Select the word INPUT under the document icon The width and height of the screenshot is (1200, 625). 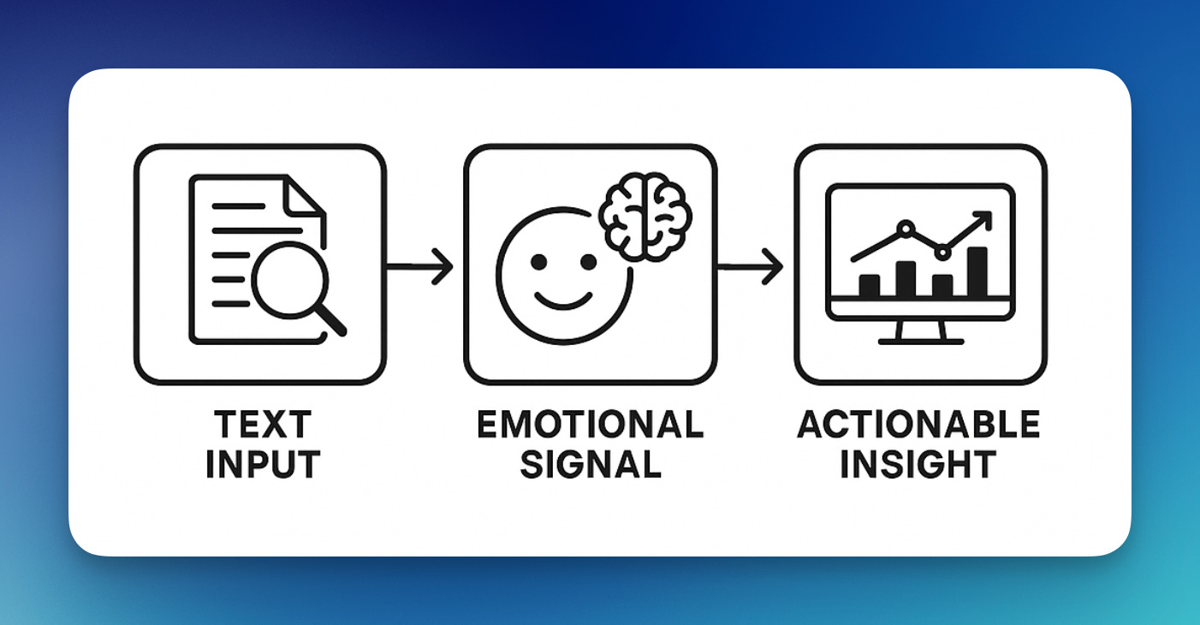tap(262, 465)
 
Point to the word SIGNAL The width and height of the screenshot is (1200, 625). tap(590, 465)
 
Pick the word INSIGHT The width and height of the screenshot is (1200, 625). tap(919, 465)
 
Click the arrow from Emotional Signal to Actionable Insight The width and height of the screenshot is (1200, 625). tap(751, 267)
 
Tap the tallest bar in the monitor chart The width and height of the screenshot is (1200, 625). tap(977, 272)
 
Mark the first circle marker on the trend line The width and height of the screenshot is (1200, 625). tap(905, 229)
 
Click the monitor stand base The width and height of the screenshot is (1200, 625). tap(920, 341)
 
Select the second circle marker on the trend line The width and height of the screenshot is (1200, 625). tap(942, 252)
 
